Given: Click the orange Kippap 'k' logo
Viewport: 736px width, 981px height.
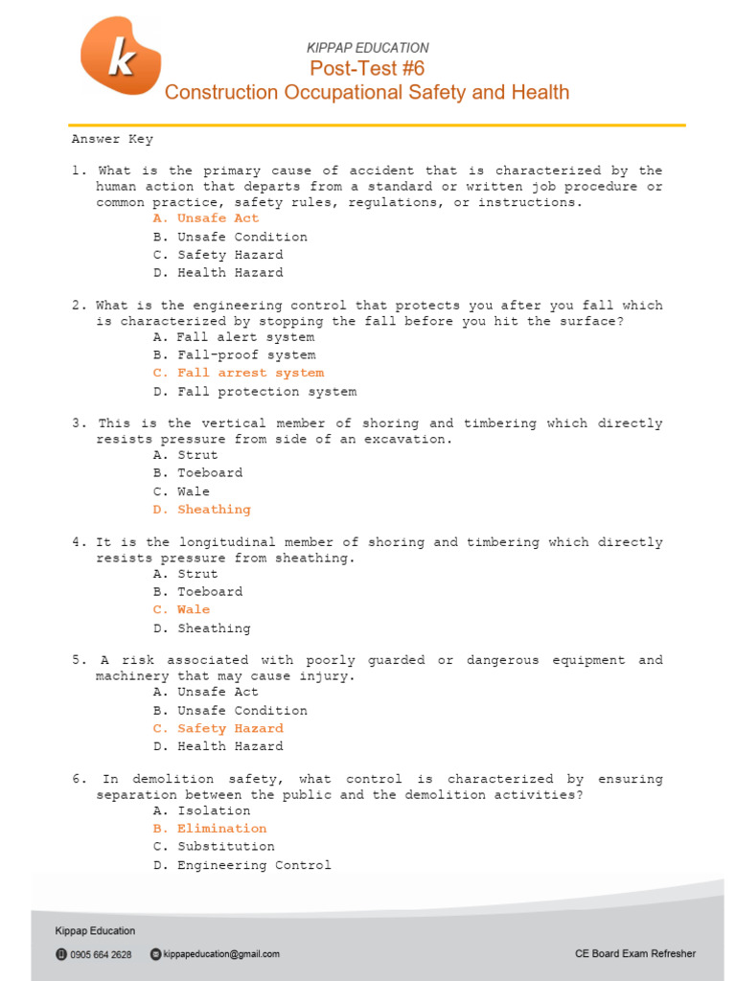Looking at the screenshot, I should [121, 57].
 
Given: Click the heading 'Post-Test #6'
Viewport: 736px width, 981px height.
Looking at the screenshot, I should [367, 68].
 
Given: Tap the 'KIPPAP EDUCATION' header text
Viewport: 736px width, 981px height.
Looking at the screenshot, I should [367, 47].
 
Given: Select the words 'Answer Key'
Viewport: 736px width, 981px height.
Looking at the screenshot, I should [112, 139].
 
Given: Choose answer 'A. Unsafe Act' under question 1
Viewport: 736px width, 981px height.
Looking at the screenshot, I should [205, 218].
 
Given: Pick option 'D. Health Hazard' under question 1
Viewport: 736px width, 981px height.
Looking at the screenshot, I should [218, 273].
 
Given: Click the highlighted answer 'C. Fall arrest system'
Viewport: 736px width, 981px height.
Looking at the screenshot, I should [238, 373].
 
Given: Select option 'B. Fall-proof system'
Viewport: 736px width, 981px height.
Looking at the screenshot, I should [234, 355].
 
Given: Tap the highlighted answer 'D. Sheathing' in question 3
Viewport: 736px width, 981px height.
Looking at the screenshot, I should [201, 510].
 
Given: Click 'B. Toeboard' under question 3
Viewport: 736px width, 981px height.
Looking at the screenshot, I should [197, 473].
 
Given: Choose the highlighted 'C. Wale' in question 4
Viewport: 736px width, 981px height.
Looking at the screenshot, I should [181, 609].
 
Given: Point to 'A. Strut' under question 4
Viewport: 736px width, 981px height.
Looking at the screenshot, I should [185, 574].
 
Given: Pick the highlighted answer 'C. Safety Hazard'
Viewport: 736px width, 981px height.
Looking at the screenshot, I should [218, 728].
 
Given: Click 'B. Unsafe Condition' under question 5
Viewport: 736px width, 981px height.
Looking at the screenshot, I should [230, 711].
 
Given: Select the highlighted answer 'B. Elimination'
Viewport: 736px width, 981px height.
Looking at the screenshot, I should [209, 829].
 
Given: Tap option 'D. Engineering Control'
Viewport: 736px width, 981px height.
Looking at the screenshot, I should [241, 865].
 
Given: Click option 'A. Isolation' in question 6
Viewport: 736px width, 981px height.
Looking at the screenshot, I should [201, 810].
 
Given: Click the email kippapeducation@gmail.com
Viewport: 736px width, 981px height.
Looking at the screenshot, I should [221, 954].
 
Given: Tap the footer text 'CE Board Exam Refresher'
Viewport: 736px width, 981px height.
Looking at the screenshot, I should [635, 953].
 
